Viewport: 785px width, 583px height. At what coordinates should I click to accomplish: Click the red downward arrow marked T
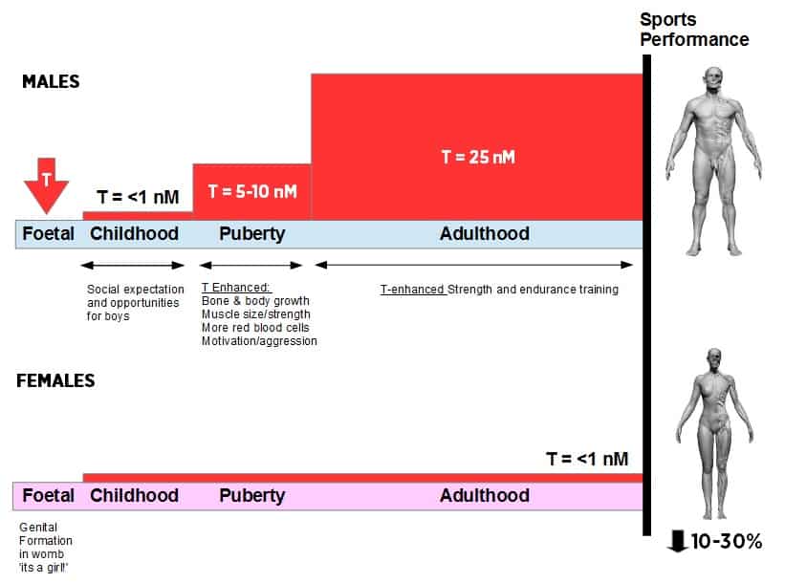pos(46,185)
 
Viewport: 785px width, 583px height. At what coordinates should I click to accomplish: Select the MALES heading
pos(51,81)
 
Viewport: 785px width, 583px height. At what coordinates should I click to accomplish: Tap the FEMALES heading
pos(55,380)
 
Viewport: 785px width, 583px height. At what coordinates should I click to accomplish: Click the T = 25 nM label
pos(478,157)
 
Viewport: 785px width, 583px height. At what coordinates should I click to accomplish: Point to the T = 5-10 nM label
pos(252,191)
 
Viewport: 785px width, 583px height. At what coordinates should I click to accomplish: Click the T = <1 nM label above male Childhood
pos(138,197)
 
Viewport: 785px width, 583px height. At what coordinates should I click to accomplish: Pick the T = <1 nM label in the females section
pos(587,459)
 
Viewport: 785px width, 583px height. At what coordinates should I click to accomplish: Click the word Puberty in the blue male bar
pos(251,234)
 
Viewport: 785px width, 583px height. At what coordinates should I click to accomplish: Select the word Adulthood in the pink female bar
pos(484,495)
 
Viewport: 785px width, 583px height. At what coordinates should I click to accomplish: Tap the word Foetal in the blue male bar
pos(48,233)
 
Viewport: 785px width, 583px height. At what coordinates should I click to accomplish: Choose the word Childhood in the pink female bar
pos(134,495)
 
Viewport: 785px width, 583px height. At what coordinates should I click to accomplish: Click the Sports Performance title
pos(694,30)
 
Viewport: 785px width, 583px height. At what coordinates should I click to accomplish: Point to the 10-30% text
pos(727,541)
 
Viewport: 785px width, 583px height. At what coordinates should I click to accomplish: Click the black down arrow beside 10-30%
pos(677,542)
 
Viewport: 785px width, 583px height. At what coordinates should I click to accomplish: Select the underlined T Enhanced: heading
pos(236,288)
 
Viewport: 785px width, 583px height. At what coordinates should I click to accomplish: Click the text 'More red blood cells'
pos(255,327)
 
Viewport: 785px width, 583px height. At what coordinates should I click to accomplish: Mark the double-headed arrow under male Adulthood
pos(473,265)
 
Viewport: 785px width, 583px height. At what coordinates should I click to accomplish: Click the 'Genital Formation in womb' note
pos(46,540)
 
